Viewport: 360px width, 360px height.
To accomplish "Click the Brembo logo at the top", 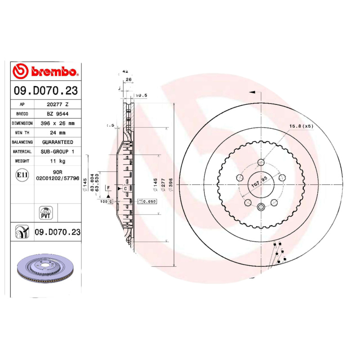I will (x=46, y=71).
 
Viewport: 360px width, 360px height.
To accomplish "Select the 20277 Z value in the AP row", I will (x=58, y=104).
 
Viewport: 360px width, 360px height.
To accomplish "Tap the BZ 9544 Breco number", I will (x=58, y=113).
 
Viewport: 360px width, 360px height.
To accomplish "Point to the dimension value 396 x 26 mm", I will (x=58, y=123).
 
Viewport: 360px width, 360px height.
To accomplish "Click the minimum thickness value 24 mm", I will (x=58, y=133).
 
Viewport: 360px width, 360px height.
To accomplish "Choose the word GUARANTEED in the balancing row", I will (x=58, y=142).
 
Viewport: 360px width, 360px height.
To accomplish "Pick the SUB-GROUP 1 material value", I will (x=58, y=152).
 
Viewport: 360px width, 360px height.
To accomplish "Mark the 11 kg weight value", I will (x=58, y=161).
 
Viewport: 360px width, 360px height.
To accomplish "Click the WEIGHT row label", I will (x=22, y=161).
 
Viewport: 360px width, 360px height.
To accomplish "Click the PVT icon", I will (x=46, y=213).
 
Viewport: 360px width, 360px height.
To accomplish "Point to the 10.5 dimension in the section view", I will (x=141, y=95).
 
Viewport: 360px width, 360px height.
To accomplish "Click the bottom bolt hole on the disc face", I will (x=261, y=207).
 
